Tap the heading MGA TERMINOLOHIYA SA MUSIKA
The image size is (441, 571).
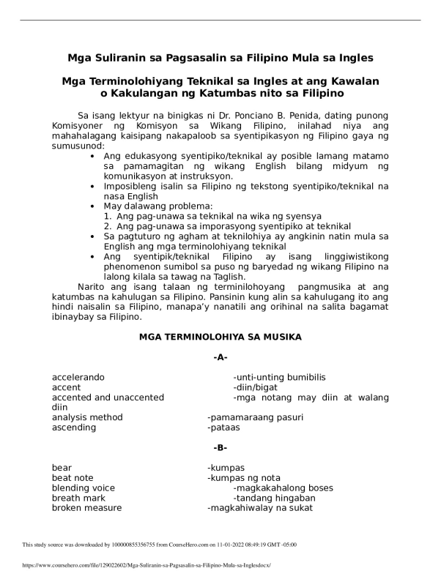point(220,337)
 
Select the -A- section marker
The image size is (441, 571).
point(220,358)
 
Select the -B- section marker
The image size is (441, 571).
point(220,447)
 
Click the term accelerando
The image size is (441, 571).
point(78,378)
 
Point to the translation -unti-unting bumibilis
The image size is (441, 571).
point(279,378)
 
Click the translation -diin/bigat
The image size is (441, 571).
point(256,388)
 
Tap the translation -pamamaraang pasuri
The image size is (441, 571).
point(255,417)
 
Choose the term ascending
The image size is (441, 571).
point(73,428)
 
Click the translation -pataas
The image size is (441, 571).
point(223,428)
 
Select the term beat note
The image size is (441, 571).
point(73,478)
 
